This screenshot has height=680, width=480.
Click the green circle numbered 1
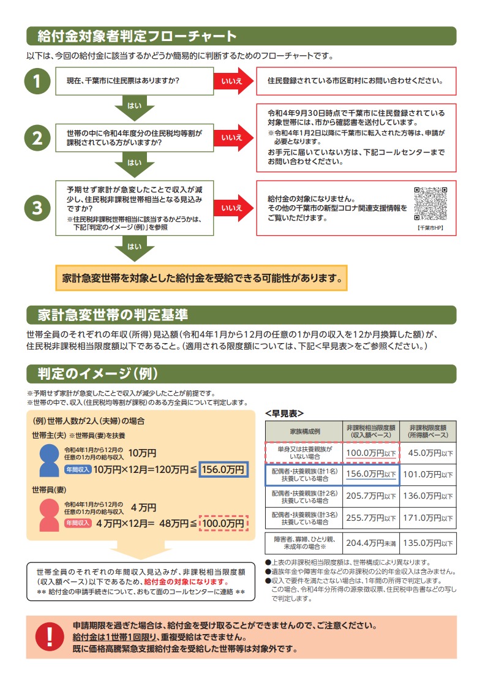(37, 82)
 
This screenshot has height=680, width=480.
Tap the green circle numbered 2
(37, 138)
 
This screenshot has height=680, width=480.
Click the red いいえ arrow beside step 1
(233, 81)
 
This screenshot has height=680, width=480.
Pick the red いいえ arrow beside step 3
(233, 208)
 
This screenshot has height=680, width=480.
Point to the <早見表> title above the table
(284, 413)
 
